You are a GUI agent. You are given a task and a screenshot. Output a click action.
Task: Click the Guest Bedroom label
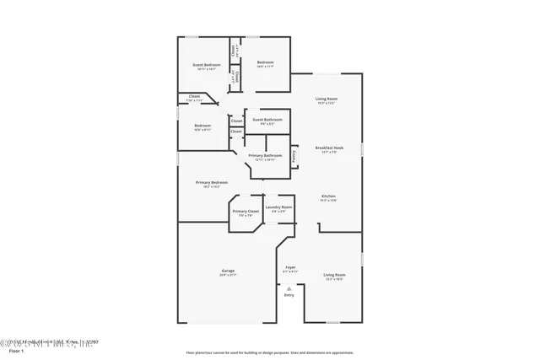coord(206,65)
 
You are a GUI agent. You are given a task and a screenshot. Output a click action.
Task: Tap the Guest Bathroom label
coord(267,120)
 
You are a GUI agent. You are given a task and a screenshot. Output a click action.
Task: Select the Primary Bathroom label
coord(265,155)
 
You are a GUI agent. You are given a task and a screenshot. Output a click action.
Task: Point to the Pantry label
coord(294,155)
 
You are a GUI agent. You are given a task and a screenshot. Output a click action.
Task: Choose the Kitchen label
coord(328,196)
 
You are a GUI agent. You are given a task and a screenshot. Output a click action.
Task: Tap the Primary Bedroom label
coord(211,182)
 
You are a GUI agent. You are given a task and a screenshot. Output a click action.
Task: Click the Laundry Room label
coord(278,207)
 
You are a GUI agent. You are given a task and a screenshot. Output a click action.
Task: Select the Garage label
coord(228,271)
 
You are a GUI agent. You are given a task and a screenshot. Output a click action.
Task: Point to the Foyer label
coord(289,267)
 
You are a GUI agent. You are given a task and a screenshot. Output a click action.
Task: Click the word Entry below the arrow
coord(289,295)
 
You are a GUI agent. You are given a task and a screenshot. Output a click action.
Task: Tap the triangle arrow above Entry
coord(289,287)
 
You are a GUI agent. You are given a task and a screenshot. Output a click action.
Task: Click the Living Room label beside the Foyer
coord(334,275)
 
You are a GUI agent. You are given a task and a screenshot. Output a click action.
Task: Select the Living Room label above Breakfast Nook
coord(326,99)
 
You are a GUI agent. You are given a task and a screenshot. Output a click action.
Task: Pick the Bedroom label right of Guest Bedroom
coord(265,62)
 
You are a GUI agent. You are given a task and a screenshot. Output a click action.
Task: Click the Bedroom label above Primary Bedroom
coord(202,126)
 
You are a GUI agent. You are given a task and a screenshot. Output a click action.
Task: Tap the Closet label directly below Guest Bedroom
coord(194,95)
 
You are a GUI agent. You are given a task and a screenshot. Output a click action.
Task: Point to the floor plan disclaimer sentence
coord(270,352)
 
